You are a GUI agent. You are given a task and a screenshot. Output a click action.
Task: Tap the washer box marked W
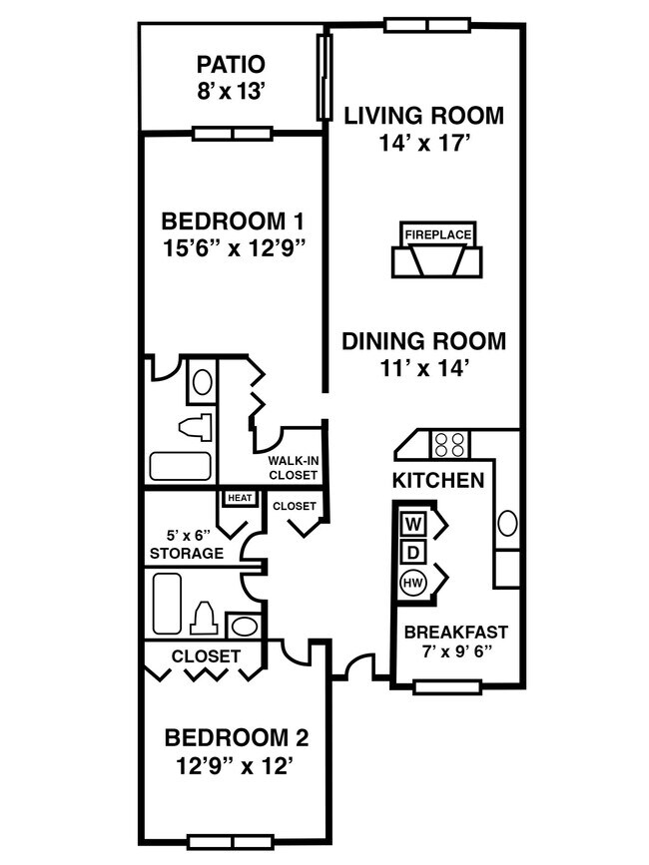[412, 524]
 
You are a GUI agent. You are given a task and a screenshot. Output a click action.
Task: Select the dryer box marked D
[412, 553]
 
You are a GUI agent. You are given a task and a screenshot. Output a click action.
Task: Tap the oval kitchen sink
[507, 524]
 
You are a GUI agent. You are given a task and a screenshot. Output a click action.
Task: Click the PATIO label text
[231, 66]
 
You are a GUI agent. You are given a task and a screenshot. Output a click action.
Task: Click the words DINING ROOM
[423, 340]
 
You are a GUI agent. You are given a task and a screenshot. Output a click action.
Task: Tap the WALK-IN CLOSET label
[293, 468]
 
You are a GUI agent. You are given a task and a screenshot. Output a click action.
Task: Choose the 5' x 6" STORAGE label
[186, 544]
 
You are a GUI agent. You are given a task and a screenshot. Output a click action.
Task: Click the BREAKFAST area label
[455, 633]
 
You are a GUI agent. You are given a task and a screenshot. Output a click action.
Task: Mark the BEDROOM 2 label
[236, 738]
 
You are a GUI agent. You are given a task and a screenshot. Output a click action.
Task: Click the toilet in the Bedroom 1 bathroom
[195, 428]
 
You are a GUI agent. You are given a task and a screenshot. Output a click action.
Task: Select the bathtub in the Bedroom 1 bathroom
[180, 467]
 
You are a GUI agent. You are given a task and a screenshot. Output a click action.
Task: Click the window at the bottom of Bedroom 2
[231, 840]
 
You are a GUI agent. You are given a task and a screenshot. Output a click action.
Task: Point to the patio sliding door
[324, 78]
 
